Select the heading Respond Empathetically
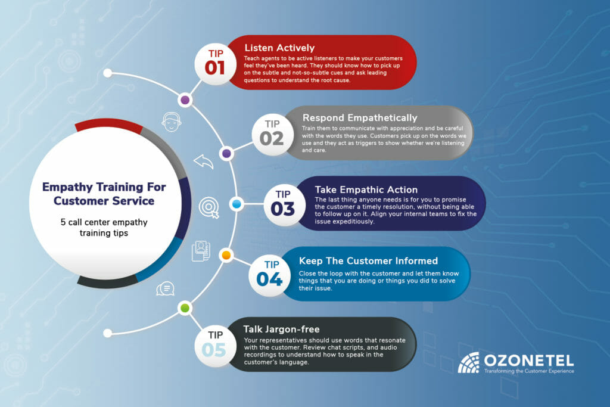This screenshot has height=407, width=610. pyautogui.click(x=360, y=117)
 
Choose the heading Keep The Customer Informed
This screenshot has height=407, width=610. pyautogui.click(x=368, y=260)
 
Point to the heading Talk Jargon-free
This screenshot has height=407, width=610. pyautogui.click(x=281, y=329)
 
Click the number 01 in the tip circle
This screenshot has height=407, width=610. pyautogui.click(x=215, y=67)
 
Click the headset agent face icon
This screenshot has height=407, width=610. pyautogui.click(x=171, y=122)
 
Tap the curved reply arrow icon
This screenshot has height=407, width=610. pyautogui.click(x=204, y=161)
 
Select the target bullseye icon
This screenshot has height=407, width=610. pyautogui.click(x=208, y=207)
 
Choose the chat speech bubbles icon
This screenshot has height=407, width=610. pyautogui.click(x=165, y=288)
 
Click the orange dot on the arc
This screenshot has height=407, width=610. pyautogui.click(x=226, y=256)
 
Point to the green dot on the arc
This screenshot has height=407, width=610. pyautogui.click(x=185, y=308)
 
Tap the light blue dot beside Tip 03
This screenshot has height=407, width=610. pyautogui.click(x=236, y=204)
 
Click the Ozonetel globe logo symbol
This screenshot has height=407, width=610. pyautogui.click(x=468, y=362)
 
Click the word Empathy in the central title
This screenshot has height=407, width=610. pyautogui.click(x=67, y=187)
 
